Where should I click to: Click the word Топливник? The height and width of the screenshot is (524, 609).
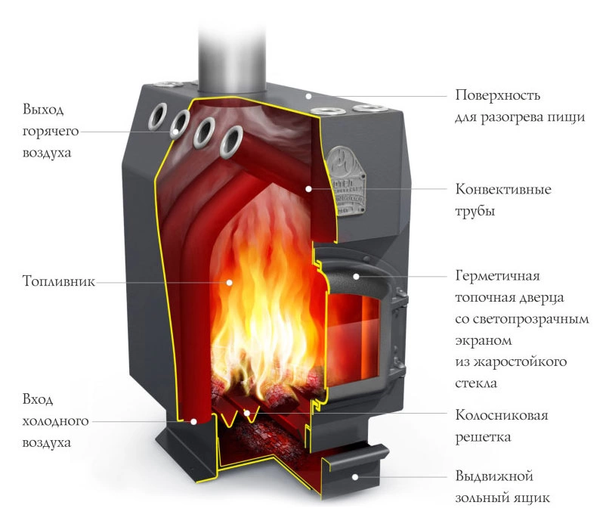click(58, 281)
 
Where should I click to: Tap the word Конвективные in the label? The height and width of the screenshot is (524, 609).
click(503, 189)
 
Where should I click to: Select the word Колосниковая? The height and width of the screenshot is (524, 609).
click(502, 415)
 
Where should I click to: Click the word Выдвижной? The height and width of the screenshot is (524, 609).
click(494, 476)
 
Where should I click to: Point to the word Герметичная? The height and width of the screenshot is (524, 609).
click(497, 275)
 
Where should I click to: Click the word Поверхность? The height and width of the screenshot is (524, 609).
click(497, 95)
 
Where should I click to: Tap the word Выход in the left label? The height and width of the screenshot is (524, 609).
click(43, 109)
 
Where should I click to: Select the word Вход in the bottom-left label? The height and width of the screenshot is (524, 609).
click(38, 399)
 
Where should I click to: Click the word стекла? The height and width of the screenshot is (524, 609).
click(476, 383)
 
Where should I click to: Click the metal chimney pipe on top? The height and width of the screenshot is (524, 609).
click(232, 58)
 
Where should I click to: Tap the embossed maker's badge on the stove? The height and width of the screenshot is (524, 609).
click(345, 181)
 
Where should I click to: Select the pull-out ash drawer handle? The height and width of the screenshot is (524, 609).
click(357, 459)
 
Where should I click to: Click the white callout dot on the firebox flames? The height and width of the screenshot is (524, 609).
click(230, 283)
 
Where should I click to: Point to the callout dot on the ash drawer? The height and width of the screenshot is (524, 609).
click(355, 477)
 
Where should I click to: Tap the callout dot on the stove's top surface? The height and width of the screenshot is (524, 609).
click(308, 95)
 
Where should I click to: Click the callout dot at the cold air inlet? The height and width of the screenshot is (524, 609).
click(193, 421)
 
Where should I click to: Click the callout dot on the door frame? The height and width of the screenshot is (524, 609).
click(356, 277)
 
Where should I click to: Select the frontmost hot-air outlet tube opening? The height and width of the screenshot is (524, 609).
click(231, 141)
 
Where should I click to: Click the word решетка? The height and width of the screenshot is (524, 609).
click(483, 437)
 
